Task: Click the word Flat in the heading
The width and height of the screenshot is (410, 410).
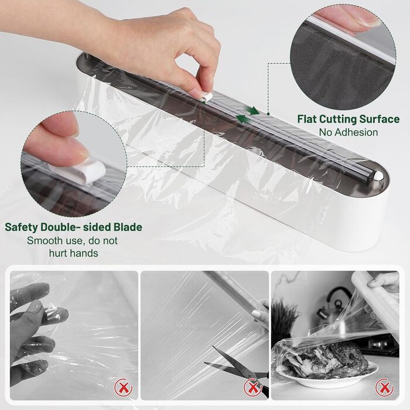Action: [x=307, y=119]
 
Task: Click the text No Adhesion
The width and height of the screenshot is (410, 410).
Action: [x=348, y=132]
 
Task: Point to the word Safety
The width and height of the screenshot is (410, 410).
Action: [x=22, y=227]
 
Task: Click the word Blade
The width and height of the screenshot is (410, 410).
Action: [x=128, y=227]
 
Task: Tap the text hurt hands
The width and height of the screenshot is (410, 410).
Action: [x=73, y=253]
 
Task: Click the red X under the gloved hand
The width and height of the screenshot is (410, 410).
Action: [x=124, y=387]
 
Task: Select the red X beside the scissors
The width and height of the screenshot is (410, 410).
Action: [x=252, y=387]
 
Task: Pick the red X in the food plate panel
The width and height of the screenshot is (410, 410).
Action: [x=384, y=387]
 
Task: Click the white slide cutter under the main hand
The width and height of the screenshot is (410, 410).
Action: [x=206, y=95]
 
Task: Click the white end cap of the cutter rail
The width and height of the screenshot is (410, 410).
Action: [x=378, y=175]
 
